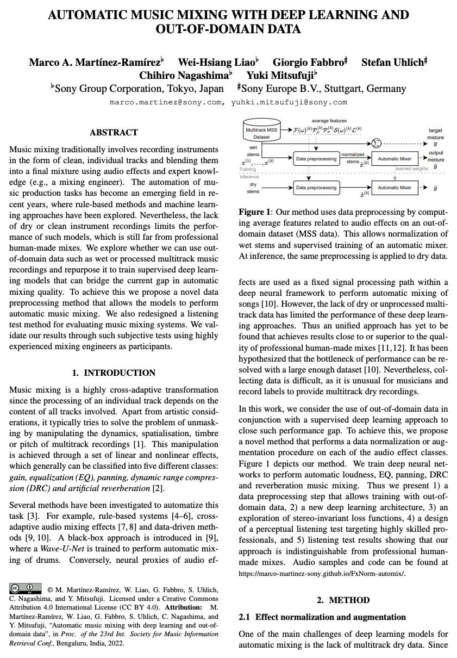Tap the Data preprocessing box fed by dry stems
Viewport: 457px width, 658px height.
[x=316, y=188]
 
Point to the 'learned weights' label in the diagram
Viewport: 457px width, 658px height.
[x=411, y=169]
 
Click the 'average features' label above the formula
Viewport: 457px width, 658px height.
[x=329, y=120]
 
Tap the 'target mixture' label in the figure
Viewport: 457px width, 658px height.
[x=435, y=134]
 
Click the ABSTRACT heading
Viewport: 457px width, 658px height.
[x=114, y=132]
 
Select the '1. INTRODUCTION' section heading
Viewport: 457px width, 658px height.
[x=114, y=373]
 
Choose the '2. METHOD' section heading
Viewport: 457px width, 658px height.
[x=343, y=600]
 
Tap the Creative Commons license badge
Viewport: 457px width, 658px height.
[x=26, y=588]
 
